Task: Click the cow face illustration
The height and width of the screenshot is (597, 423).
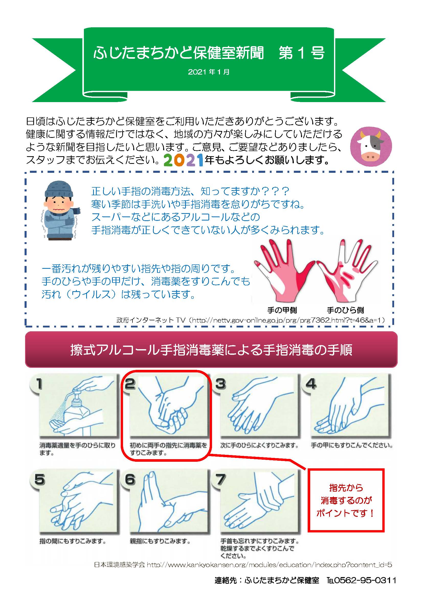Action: (x=371, y=147)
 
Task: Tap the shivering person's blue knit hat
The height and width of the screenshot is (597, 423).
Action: (x=59, y=189)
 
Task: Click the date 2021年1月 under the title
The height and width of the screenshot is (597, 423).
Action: (x=209, y=72)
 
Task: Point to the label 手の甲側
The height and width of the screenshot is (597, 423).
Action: (x=282, y=310)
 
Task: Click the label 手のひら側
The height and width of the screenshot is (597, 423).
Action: (x=345, y=310)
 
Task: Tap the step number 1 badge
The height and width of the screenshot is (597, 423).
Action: (x=39, y=384)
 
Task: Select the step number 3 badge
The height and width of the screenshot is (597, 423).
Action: (x=220, y=384)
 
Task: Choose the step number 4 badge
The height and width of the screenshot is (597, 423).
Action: (x=311, y=384)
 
